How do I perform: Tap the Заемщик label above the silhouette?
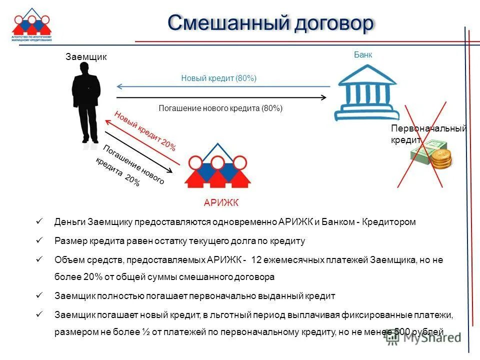(86, 57)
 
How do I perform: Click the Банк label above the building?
(363, 55)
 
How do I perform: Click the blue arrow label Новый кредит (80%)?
(218, 78)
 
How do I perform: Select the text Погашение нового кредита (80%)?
(220, 108)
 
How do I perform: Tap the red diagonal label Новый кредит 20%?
(145, 130)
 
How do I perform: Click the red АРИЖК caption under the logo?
(221, 202)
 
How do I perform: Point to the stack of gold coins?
(441, 159)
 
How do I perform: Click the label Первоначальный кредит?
(427, 134)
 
